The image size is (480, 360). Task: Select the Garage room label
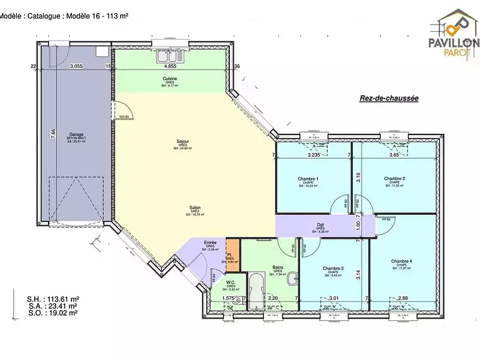76,134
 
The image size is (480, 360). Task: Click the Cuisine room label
169,79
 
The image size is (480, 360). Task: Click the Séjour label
182,142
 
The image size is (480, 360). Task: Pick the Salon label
195,208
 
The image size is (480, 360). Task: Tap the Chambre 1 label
308,179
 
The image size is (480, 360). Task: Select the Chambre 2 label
394,179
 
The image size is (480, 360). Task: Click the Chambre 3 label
333,268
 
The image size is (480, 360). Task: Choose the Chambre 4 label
401,261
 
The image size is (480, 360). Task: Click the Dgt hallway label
321,225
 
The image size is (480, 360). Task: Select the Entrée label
210,242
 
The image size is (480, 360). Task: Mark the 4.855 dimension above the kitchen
170,67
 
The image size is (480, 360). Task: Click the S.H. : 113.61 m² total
53,298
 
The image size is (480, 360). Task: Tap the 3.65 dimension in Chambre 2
394,155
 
